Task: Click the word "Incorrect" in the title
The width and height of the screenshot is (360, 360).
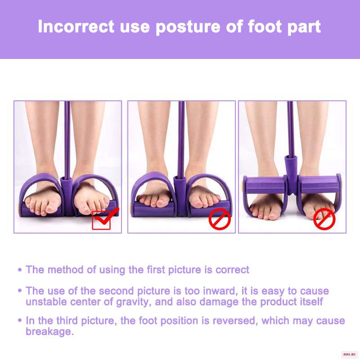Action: (x=76, y=27)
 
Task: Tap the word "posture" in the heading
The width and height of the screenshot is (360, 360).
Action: (x=188, y=27)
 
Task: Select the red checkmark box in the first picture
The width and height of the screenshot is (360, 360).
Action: (x=101, y=220)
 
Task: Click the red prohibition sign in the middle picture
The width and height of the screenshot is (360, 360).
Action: (x=220, y=219)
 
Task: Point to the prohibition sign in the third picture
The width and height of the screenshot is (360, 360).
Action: (x=324, y=219)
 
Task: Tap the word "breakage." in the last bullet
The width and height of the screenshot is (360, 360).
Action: (x=49, y=332)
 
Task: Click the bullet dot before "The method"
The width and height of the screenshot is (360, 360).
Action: (x=20, y=270)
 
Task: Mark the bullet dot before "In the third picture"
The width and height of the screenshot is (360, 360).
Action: (x=20, y=320)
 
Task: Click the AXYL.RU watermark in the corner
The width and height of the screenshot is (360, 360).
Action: (x=349, y=355)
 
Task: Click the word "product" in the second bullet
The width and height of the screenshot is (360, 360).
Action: (x=281, y=302)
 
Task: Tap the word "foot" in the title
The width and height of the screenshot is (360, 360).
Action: (x=265, y=27)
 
